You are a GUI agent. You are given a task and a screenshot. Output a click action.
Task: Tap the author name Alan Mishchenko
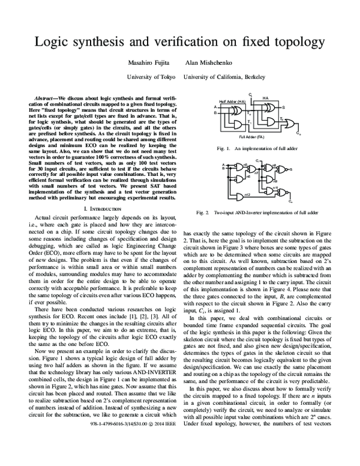tap(224, 64)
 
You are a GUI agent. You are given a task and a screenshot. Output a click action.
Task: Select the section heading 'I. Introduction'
tap(104, 208)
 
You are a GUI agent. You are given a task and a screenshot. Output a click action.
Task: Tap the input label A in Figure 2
tap(222, 164)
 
